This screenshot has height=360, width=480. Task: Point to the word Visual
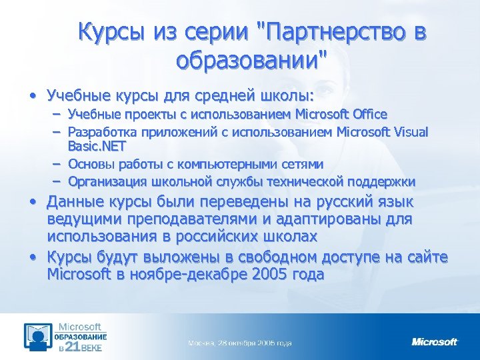coord(409,131)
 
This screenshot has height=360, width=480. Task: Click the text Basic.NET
coord(97,145)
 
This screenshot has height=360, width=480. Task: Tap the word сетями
coord(301,164)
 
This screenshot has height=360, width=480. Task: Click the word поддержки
coord(383,181)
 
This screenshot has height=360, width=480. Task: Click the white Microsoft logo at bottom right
coord(435,342)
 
